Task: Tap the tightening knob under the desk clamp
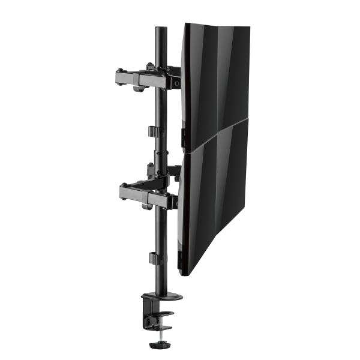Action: pyautogui.click(x=162, y=346)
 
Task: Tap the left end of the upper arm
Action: pyautogui.click(x=118, y=77)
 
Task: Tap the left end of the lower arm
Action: pyautogui.click(x=122, y=191)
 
